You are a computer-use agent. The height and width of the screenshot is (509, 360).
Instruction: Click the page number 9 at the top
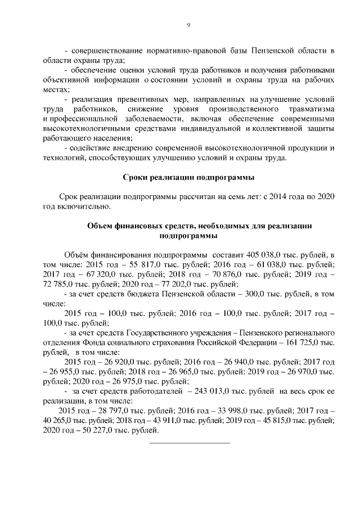click(188, 25)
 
